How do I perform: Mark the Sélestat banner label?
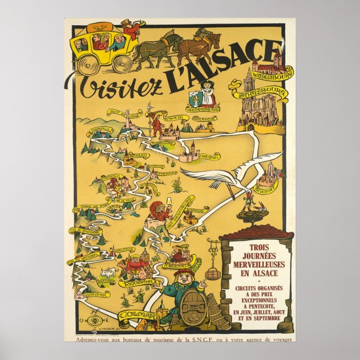pyautogui.click(x=266, y=191)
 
